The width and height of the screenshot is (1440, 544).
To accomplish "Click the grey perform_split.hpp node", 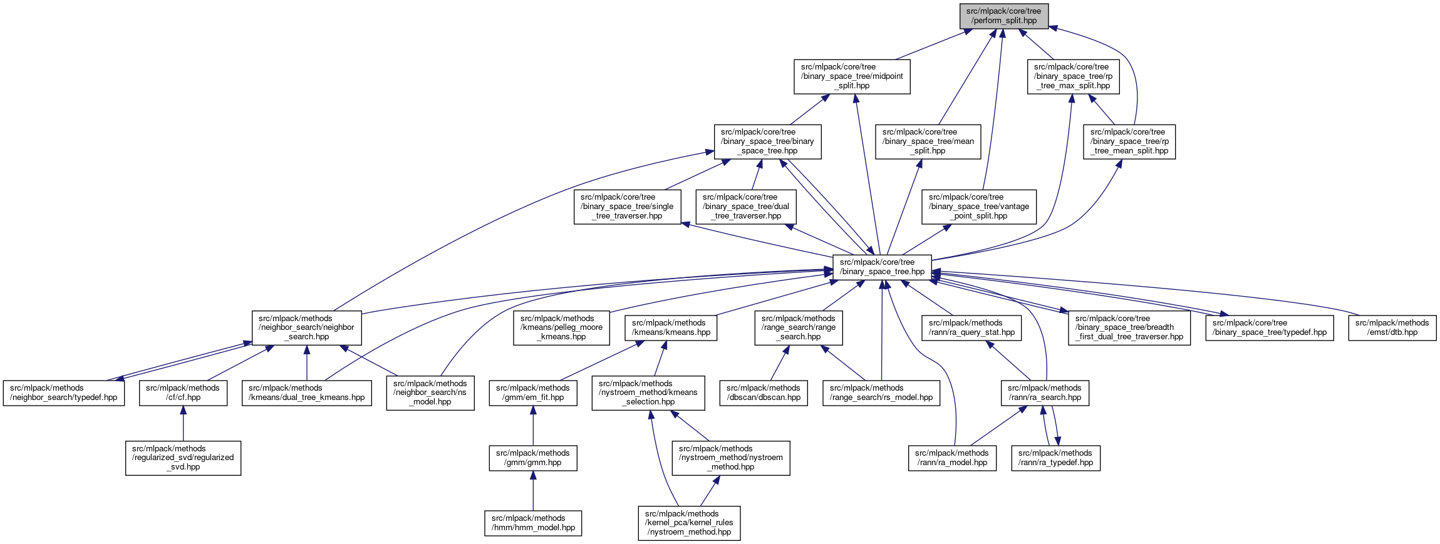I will (x=1003, y=16).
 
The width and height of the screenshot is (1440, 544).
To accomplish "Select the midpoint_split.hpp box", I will (x=852, y=76).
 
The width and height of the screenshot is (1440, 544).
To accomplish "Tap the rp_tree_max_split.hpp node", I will (x=1073, y=76).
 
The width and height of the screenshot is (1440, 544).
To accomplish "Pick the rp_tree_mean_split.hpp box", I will (x=1129, y=141).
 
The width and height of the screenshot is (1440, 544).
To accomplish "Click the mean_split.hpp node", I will (x=928, y=141).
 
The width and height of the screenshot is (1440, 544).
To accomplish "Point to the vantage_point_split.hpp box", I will (x=978, y=207).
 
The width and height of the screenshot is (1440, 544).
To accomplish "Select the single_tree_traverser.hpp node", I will (x=627, y=207).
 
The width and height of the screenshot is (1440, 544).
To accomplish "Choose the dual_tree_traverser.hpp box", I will (x=745, y=207).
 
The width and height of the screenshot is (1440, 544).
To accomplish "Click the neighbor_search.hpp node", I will (x=306, y=327).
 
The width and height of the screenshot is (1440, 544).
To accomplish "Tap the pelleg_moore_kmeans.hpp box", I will (x=561, y=327).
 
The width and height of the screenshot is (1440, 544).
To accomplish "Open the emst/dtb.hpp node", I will (x=1392, y=327).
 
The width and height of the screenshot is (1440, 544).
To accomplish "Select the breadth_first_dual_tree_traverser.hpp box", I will (x=1129, y=327).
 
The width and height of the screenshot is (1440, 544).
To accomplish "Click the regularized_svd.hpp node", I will (x=183, y=458).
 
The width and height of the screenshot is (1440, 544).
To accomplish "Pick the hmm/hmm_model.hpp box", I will (x=533, y=523).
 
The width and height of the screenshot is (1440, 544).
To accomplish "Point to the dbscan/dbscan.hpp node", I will (x=763, y=393).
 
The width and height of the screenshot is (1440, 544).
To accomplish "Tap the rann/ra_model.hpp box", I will (x=951, y=458).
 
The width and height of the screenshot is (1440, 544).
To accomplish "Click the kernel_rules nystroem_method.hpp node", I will (x=689, y=523).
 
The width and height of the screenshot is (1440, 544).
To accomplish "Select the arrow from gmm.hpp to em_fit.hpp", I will (x=533, y=425).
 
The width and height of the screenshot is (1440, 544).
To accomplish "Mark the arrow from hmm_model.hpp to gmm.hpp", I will (x=533, y=491).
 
